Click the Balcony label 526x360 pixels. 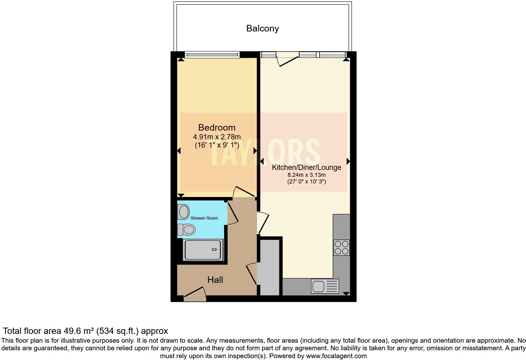(262, 28)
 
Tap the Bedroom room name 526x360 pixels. (217, 127)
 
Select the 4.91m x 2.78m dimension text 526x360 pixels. (217, 137)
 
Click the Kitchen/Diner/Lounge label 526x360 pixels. (306, 167)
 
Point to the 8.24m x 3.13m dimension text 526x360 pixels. (306, 175)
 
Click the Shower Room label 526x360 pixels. (204, 218)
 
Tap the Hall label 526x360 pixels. (215, 280)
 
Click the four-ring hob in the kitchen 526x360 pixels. (341, 247)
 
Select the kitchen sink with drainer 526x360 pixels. (325, 286)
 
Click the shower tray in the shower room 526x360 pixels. (203, 250)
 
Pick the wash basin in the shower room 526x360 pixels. (183, 211)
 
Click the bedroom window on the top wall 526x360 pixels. (212, 55)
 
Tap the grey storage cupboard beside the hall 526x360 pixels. (270, 267)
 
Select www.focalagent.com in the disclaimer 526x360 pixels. (336, 356)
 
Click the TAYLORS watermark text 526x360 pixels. (264, 153)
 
